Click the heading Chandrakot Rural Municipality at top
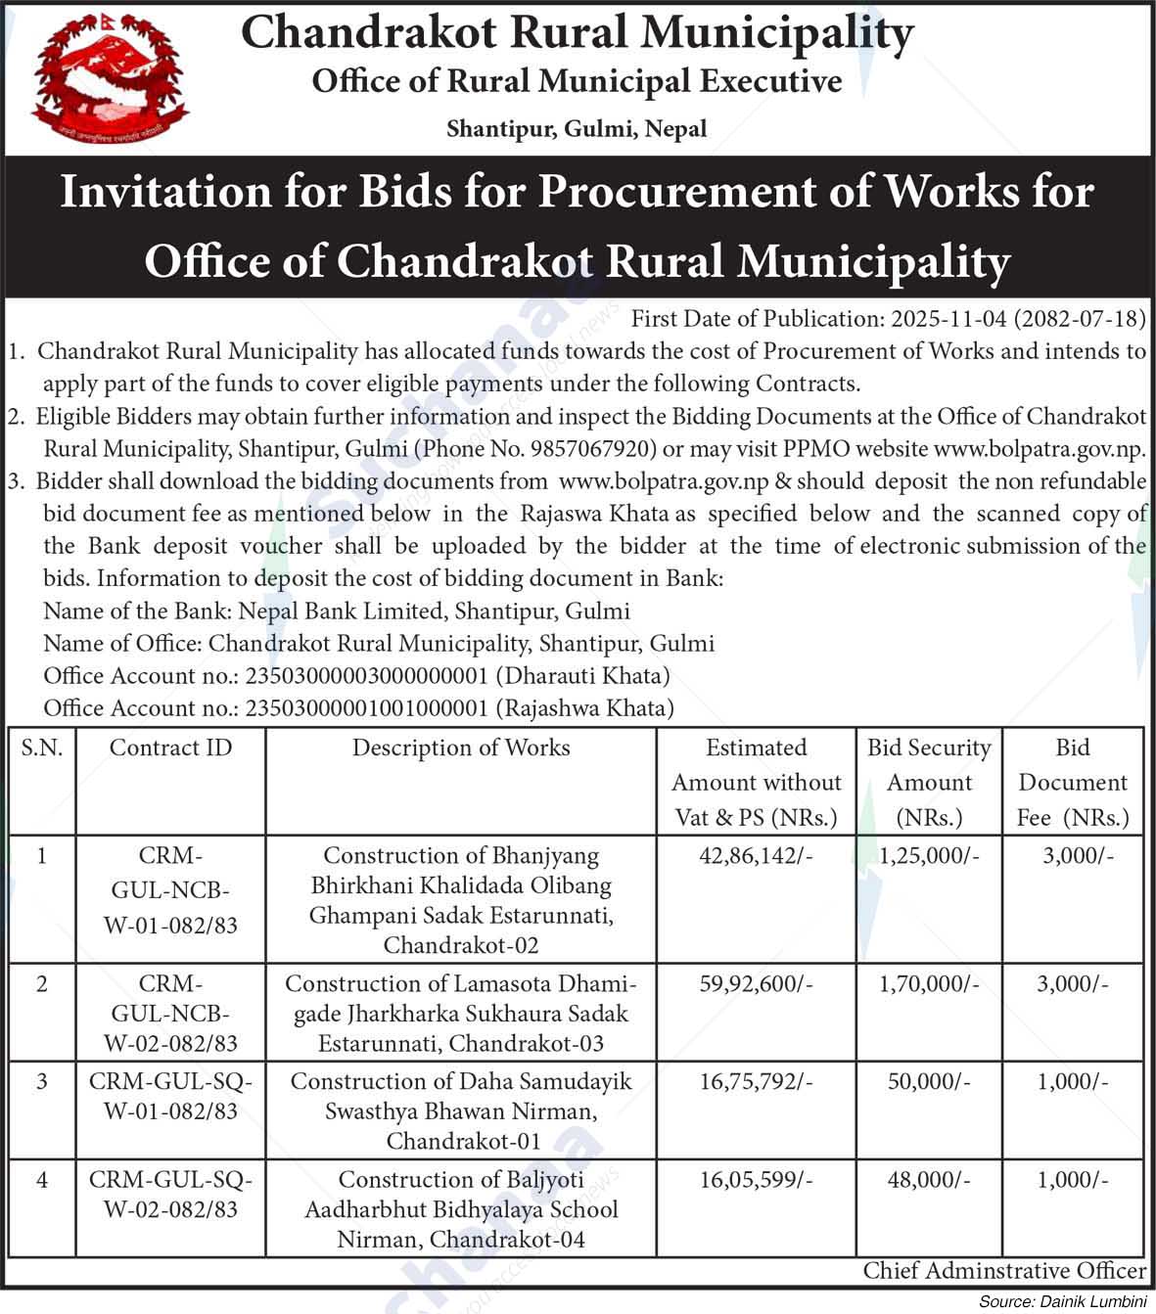577,33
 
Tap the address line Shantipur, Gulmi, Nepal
577,128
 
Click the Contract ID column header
170,748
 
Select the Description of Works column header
461,748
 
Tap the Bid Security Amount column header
929,782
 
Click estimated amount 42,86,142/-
756,856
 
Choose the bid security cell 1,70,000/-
929,984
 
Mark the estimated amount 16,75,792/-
756,1082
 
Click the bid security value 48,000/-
929,1180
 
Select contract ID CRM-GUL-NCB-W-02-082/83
170,1014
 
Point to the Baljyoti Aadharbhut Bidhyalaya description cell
461,1209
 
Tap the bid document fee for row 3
1073,1082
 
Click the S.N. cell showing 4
41,1180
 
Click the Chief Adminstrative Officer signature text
1004,1271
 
